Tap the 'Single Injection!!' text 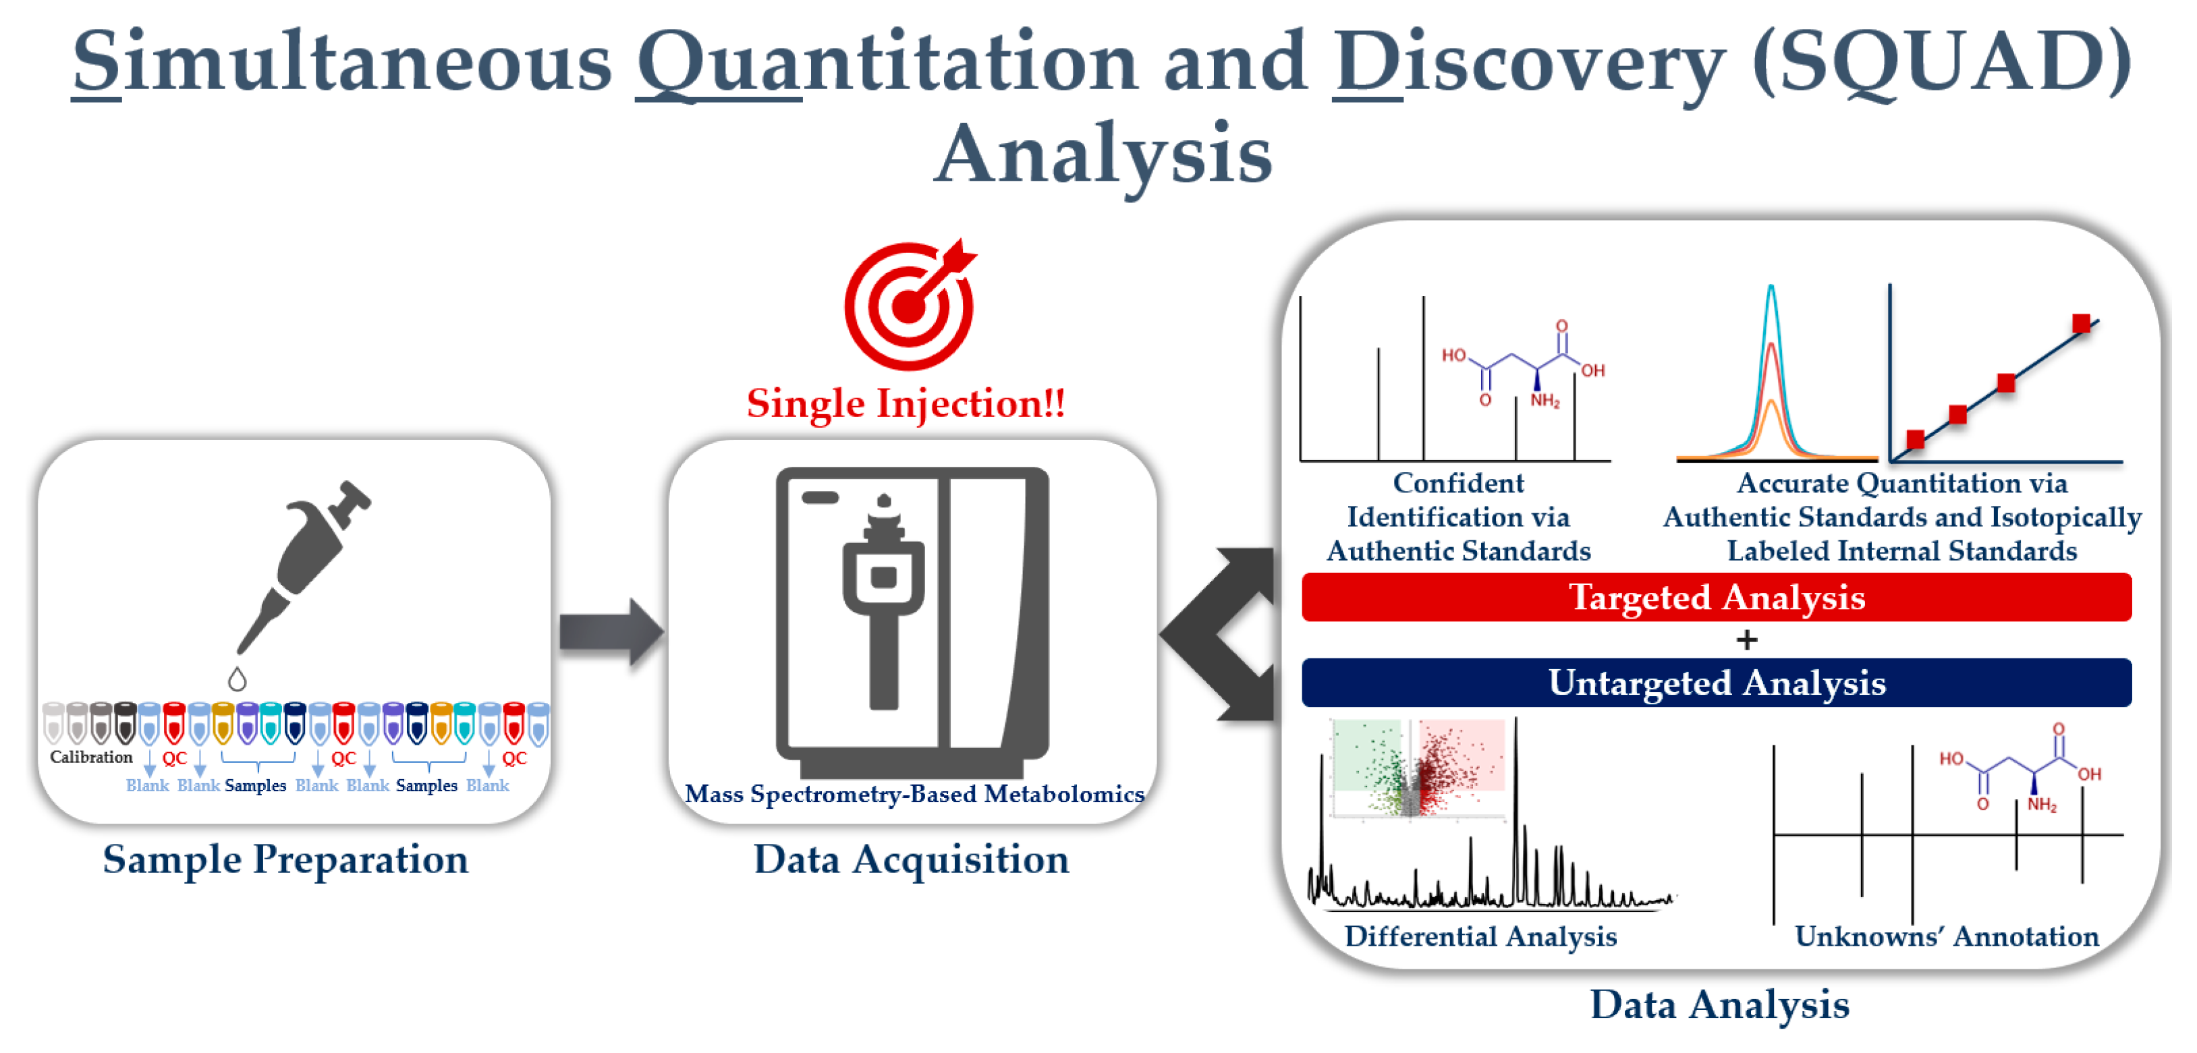click(x=906, y=403)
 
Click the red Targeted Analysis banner click(x=1716, y=597)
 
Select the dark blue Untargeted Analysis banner click(x=1716, y=682)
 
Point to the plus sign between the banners click(x=1747, y=639)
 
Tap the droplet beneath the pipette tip click(x=237, y=679)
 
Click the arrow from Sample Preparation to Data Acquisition click(x=611, y=632)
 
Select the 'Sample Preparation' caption click(x=285, y=859)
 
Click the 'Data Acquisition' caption click(x=911, y=859)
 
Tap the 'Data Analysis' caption click(x=1719, y=1004)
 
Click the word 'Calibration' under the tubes click(x=91, y=757)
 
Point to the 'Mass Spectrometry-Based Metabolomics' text click(x=914, y=794)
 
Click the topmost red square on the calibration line click(x=2081, y=323)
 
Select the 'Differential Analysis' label click(x=1480, y=936)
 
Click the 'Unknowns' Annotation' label click(x=1946, y=936)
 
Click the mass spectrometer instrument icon click(x=912, y=621)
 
